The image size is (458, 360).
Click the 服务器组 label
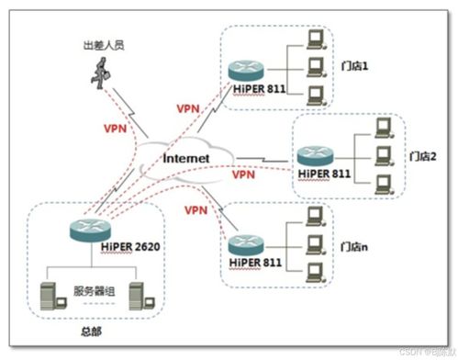93,290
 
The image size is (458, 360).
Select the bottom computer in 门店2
384,181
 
